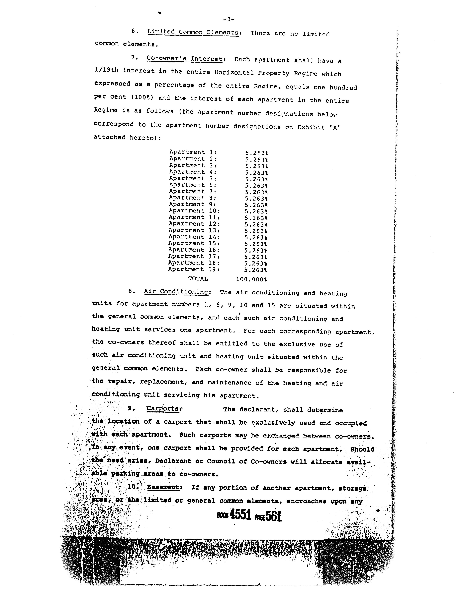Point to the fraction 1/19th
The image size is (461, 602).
(106, 70)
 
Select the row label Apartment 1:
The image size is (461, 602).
(193, 152)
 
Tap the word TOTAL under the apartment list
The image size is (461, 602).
(198, 279)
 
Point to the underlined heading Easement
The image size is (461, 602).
(163, 487)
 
